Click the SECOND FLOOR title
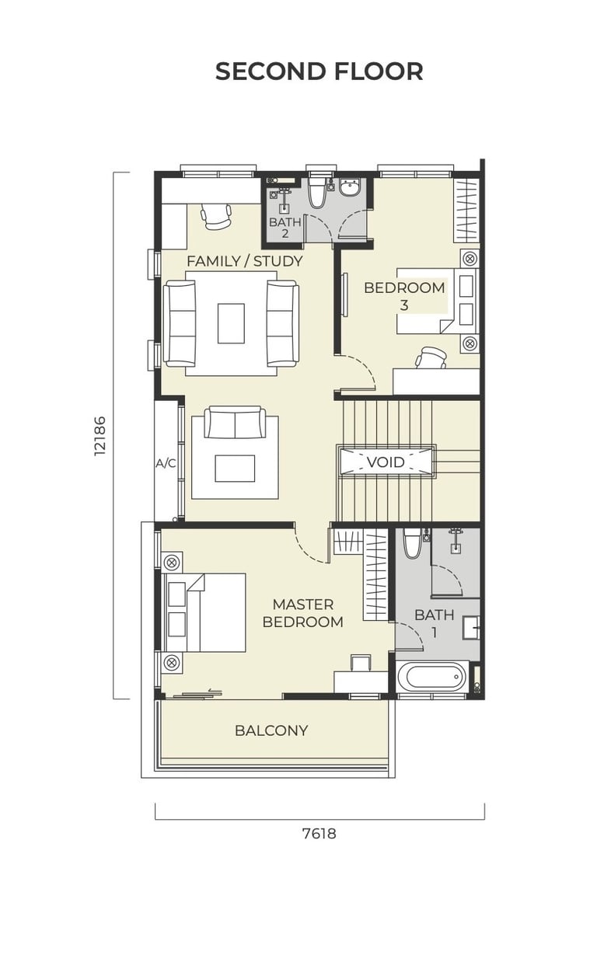coord(319,71)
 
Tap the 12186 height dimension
coord(99,436)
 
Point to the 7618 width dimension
coord(319,834)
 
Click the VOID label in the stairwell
coord(386,462)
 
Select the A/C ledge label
coord(166,464)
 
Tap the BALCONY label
coord(271,730)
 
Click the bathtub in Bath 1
coord(432,677)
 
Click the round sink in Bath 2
coord(351,188)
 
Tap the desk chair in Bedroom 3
coord(431,358)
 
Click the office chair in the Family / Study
coord(215,217)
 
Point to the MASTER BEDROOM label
coord(303,613)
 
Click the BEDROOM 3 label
coord(404,296)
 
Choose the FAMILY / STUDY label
coord(245,261)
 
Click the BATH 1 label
coord(435,623)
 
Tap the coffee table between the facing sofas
coord(232,324)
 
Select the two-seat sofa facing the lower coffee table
coord(236,422)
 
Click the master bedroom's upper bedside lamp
coord(172,562)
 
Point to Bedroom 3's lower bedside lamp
coord(470,343)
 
